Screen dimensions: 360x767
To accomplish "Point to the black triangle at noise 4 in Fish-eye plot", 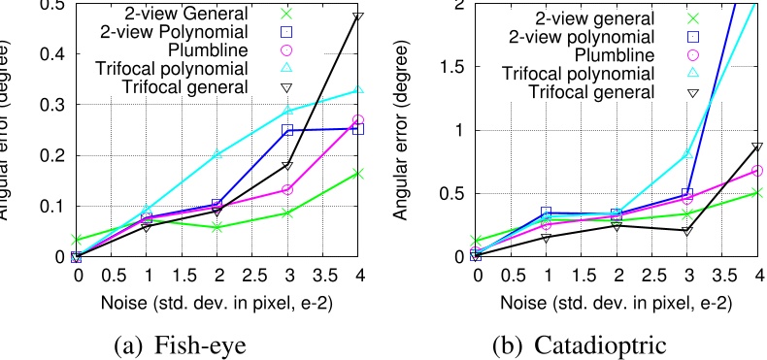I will pos(358,17).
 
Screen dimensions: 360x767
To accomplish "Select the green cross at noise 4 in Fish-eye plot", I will pos(358,173).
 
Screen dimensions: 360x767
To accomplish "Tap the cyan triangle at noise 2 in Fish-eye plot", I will pos(217,154).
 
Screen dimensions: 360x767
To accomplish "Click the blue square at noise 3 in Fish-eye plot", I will pos(288,129).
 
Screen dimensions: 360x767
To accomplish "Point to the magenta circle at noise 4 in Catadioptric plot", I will pos(756,171).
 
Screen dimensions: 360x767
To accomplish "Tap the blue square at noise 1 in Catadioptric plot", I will pos(547,212).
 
